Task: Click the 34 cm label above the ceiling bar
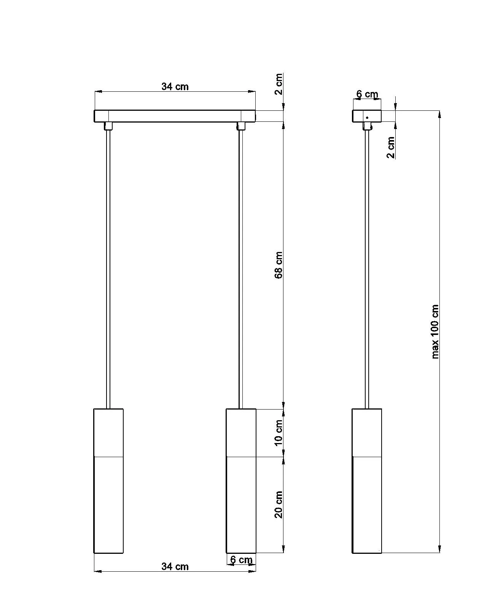[x=175, y=86]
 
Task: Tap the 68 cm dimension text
[x=279, y=265]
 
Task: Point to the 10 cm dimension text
[x=279, y=433]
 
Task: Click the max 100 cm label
[x=435, y=332]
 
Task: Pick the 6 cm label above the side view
[x=367, y=94]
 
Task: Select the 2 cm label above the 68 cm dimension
[x=279, y=84]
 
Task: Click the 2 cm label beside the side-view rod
[x=391, y=147]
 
